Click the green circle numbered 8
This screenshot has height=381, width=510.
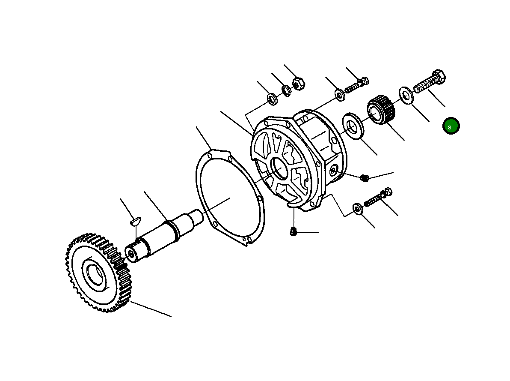point(451,126)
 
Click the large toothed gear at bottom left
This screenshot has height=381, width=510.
point(99,273)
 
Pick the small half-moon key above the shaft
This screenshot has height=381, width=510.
point(135,221)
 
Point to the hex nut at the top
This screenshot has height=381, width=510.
point(298,84)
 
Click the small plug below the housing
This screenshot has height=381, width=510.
point(293,232)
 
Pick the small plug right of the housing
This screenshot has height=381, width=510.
point(365,177)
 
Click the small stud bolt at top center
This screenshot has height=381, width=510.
point(356,86)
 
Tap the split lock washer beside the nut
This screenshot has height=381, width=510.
point(286,90)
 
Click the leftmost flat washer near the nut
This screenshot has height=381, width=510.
point(272,99)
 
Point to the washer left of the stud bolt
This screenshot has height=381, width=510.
point(340,95)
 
